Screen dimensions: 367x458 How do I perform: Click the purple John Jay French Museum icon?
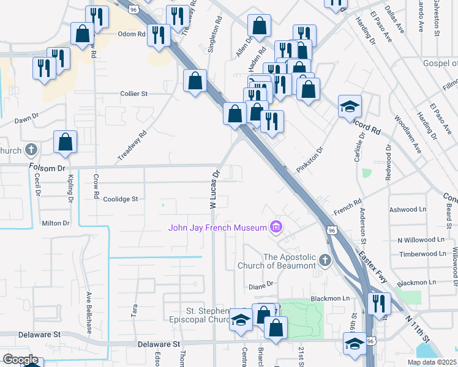[x=276, y=228]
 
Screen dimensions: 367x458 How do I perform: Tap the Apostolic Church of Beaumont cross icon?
[x=325, y=261]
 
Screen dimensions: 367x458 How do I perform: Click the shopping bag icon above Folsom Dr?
[x=65, y=143]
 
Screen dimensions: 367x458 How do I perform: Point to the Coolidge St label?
[x=121, y=199]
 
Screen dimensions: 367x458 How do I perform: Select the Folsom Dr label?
[x=47, y=167]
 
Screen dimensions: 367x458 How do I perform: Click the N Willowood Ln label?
[x=421, y=240]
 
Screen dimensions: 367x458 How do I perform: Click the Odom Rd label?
[x=130, y=34]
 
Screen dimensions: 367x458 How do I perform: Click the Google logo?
[x=20, y=360]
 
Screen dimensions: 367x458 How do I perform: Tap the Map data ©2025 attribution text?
[x=431, y=362]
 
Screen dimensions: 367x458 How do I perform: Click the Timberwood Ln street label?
[x=424, y=254]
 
